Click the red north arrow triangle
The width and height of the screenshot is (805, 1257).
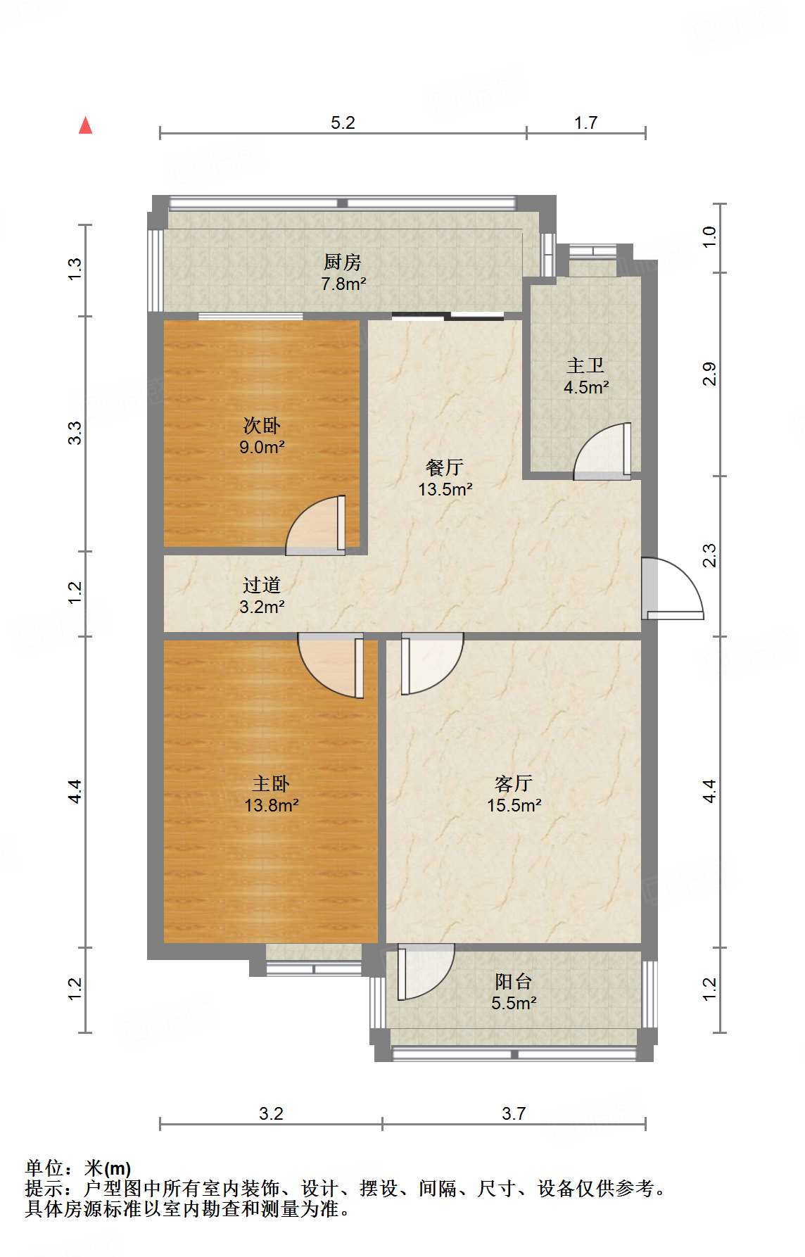(86, 125)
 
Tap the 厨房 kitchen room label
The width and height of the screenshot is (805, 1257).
(343, 263)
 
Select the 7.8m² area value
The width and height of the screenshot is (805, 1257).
(343, 284)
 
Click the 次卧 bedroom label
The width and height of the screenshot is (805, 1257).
(262, 425)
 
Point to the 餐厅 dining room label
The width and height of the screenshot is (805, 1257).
(445, 467)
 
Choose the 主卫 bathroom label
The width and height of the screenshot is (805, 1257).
(586, 365)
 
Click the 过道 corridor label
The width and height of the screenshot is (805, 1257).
(262, 585)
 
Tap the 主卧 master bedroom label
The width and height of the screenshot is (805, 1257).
(271, 783)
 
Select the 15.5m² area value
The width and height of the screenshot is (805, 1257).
(514, 805)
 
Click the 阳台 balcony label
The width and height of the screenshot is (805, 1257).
(514, 981)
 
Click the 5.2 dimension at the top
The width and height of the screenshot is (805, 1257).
(343, 122)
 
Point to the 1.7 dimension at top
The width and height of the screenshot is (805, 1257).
(585, 122)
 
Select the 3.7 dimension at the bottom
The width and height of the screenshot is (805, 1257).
(514, 1113)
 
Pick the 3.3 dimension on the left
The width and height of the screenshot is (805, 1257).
(75, 432)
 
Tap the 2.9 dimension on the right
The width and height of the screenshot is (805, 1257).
(709, 373)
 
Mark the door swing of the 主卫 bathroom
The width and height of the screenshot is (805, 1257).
(602, 451)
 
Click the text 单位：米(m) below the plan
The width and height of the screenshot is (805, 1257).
(78, 1168)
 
